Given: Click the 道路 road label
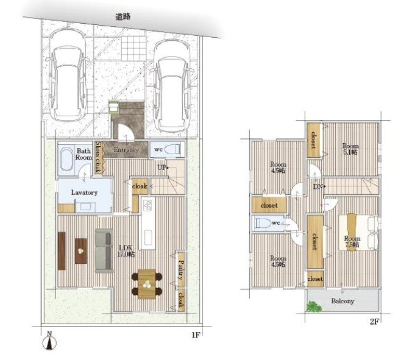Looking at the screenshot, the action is [123, 16].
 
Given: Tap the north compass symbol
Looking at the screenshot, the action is [50, 341].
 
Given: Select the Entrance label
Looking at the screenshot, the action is [126, 150].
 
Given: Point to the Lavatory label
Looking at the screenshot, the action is [84, 192].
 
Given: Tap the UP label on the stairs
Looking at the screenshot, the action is [162, 168].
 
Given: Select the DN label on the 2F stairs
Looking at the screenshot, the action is [319, 187].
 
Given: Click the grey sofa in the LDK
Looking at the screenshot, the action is [104, 251].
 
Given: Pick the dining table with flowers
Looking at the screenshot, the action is [147, 284].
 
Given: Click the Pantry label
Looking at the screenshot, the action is [181, 270].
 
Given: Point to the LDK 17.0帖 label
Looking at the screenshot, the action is [126, 251].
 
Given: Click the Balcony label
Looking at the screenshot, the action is [343, 301].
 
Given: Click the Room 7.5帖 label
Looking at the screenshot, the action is [352, 241].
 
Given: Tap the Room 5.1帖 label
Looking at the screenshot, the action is [350, 149].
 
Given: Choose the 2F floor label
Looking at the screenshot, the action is [374, 322].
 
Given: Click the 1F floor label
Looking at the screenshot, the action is [195, 335].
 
